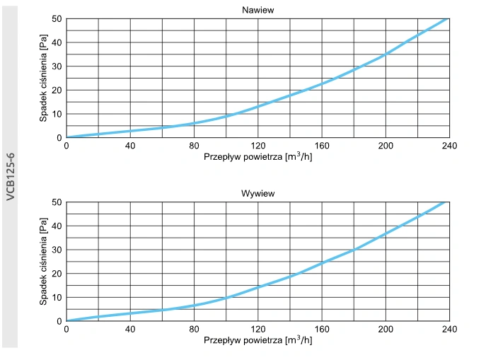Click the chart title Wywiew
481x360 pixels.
click(x=257, y=192)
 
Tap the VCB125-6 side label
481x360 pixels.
click(x=11, y=176)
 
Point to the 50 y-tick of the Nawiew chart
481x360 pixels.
click(x=57, y=18)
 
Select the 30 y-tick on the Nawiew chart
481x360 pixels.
click(x=57, y=66)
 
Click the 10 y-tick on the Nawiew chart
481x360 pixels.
click(x=57, y=114)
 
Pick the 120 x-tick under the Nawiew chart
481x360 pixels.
click(x=257, y=146)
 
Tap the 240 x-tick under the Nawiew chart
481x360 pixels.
click(x=449, y=146)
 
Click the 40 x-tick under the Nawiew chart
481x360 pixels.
click(x=130, y=146)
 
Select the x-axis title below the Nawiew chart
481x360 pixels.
click(x=257, y=157)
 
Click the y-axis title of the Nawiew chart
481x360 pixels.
click(x=43, y=78)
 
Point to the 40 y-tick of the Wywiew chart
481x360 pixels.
click(x=57, y=226)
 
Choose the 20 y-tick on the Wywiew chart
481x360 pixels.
click(x=57, y=274)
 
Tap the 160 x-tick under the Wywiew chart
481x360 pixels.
click(x=322, y=330)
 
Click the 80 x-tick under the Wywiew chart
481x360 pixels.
click(x=194, y=330)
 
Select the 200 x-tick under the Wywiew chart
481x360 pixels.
click(x=386, y=330)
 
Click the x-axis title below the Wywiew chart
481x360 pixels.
click(x=257, y=340)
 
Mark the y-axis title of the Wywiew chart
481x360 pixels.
click(x=43, y=262)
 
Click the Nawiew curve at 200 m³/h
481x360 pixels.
click(x=386, y=54)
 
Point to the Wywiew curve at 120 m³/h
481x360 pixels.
click(x=258, y=287)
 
